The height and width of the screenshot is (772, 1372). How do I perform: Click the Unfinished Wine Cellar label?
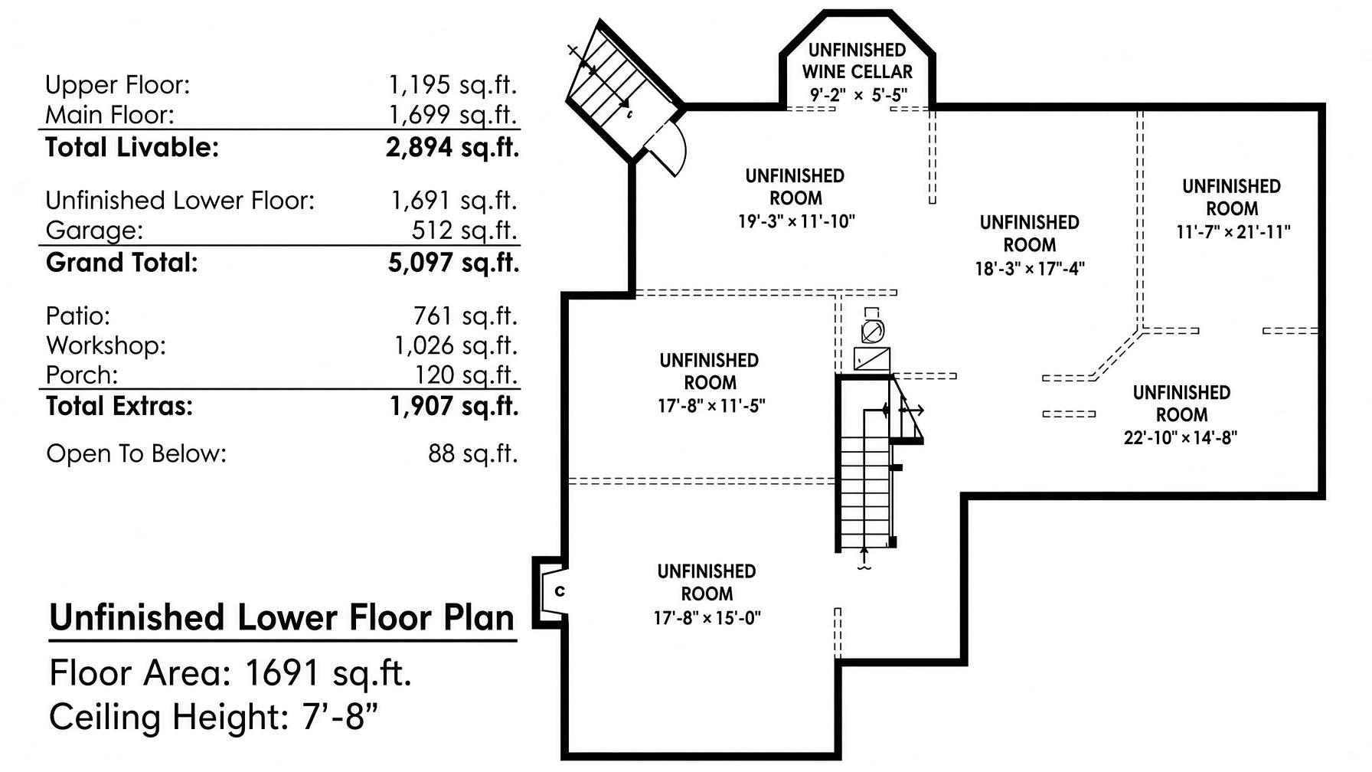(857, 61)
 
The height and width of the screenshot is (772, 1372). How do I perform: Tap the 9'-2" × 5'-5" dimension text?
(859, 95)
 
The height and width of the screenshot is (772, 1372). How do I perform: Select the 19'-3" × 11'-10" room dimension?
(796, 221)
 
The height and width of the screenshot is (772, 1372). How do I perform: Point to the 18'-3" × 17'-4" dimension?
(1030, 268)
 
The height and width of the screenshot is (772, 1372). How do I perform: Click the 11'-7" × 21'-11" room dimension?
(1233, 231)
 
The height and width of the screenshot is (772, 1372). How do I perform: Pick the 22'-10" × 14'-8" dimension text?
(1181, 437)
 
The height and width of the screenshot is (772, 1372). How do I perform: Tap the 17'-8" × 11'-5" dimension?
(711, 405)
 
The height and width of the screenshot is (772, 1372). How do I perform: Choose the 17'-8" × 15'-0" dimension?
(707, 617)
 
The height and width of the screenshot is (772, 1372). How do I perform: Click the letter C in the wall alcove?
(560, 591)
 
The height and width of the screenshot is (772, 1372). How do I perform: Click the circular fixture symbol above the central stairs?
(872, 332)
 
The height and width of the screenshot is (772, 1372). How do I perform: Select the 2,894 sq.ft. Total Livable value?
(452, 147)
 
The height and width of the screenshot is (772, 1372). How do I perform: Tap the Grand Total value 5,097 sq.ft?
(453, 263)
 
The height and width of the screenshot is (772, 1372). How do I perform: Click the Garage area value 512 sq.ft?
(464, 230)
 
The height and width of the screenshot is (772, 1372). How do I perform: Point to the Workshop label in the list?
(106, 345)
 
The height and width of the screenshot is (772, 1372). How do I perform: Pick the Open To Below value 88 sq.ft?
(472, 453)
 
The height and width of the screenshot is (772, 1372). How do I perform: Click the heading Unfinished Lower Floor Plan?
(283, 618)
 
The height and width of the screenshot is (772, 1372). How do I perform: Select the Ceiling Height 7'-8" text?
(214, 718)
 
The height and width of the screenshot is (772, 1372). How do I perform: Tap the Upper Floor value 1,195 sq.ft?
(453, 84)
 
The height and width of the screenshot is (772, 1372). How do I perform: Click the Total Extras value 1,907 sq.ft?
(454, 406)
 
